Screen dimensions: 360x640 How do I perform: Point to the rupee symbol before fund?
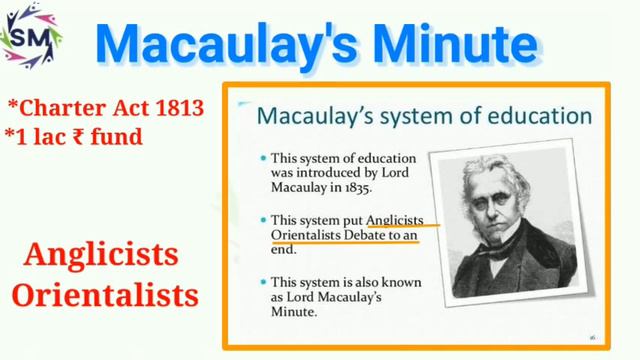79,135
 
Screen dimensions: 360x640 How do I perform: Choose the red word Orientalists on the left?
111,298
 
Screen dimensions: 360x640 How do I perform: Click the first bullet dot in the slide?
262,158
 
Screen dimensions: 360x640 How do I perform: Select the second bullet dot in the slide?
262,218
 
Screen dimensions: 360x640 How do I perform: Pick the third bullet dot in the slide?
262,280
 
